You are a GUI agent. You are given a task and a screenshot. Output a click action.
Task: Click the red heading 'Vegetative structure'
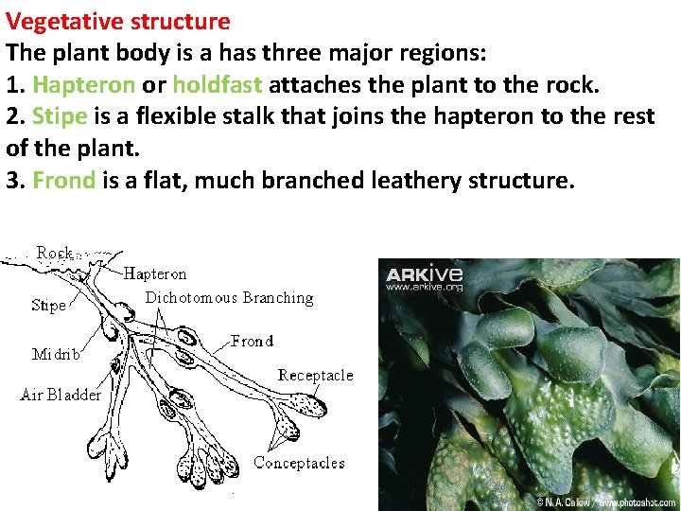[117, 21]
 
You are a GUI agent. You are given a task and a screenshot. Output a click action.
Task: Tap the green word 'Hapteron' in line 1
[83, 85]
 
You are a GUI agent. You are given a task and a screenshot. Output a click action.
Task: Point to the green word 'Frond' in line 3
[63, 181]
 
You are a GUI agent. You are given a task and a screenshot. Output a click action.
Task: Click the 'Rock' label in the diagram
[55, 253]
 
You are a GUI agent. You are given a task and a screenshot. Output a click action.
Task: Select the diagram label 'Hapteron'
[155, 274]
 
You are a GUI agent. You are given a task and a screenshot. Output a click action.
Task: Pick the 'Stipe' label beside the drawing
[49, 305]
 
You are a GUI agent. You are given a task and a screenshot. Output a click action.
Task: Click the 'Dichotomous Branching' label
[229, 297]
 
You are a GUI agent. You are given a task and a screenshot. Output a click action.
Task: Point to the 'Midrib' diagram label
[56, 355]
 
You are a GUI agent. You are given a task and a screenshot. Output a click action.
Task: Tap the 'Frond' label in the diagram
[252, 341]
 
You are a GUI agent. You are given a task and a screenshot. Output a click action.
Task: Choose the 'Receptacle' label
[315, 375]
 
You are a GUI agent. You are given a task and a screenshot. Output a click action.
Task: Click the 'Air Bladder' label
[61, 395]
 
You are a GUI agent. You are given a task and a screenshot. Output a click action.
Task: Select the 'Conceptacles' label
[299, 463]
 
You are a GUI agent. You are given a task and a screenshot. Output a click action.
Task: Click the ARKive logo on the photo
[424, 273]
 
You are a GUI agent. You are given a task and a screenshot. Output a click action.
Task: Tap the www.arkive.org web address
[424, 287]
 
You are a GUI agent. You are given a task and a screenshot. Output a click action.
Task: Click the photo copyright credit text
[605, 501]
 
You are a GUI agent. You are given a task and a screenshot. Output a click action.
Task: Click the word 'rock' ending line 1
[571, 85]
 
